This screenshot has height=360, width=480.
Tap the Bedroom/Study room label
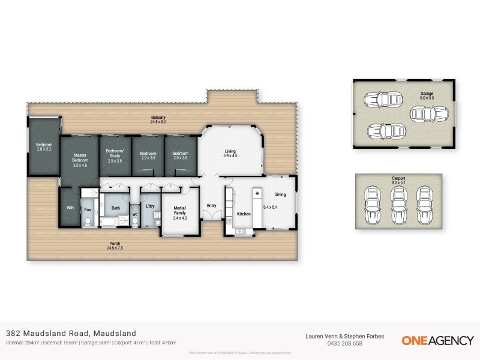click(x=114, y=153)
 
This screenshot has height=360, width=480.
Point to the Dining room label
click(x=280, y=194)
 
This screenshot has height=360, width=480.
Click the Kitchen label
click(x=244, y=214)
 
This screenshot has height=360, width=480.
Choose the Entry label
click(x=212, y=206)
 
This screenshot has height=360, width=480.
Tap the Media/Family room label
click(x=179, y=211)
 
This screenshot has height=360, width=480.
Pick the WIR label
click(x=70, y=208)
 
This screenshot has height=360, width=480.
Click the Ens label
click(x=88, y=209)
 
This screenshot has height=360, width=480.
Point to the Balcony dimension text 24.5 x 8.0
click(x=158, y=122)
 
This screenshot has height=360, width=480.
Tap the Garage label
click(x=427, y=94)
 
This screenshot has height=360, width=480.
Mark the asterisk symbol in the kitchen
click(x=258, y=194)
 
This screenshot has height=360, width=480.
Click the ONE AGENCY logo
click(x=437, y=340)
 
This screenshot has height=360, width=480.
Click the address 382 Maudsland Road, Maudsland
click(x=71, y=333)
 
